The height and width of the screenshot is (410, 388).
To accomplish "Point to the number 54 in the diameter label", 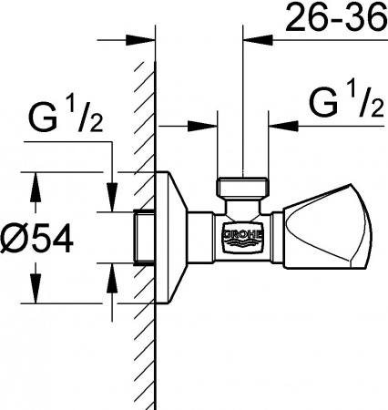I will click(53, 239).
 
